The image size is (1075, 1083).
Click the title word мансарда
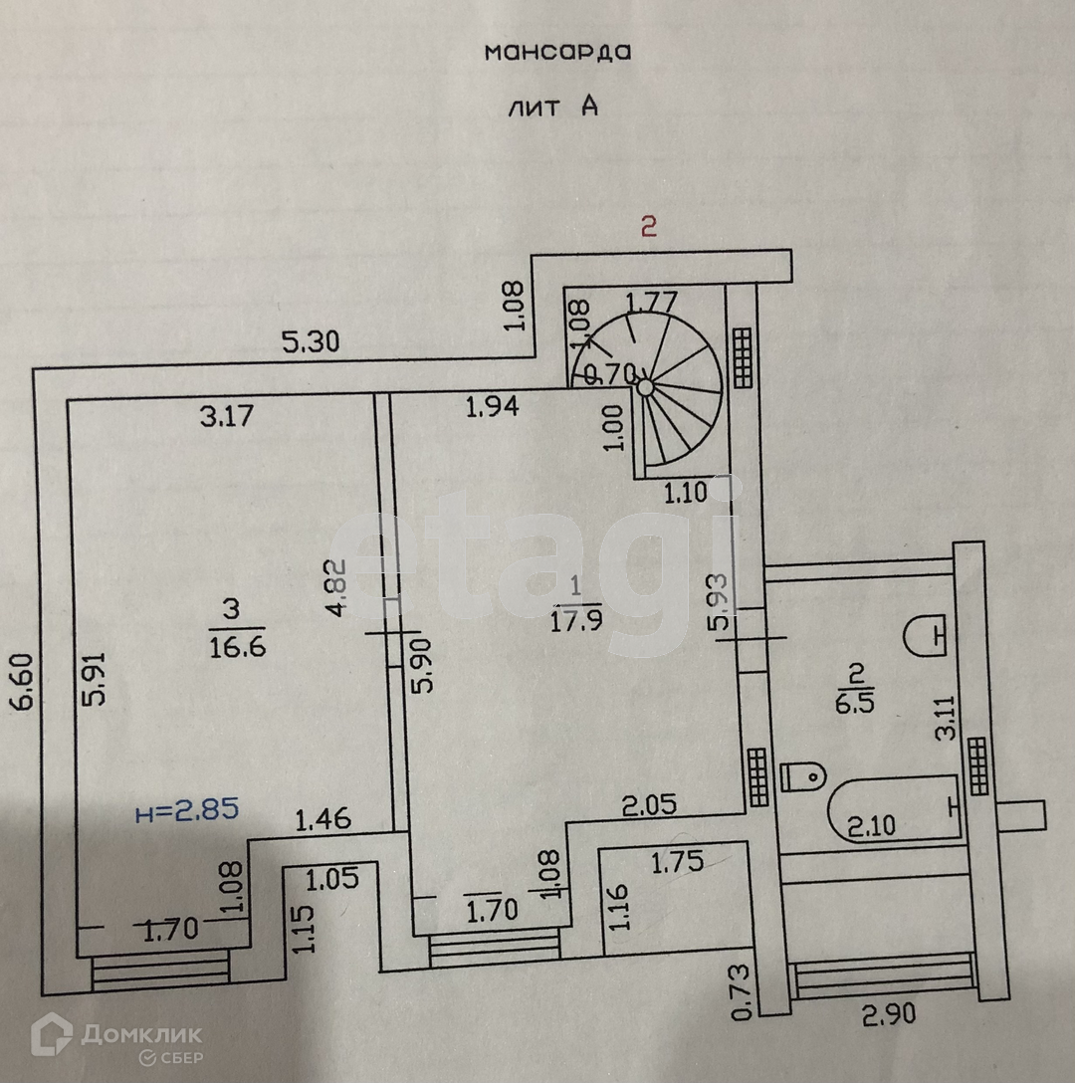coord(557,52)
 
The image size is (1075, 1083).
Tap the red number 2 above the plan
coord(648,227)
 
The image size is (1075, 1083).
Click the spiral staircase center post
coord(646,385)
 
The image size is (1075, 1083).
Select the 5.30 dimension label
coord(311,342)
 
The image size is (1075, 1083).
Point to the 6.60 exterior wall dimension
coord(25,681)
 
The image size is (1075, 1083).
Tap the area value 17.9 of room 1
coord(577,622)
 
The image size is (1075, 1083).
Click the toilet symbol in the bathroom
coord(803,773)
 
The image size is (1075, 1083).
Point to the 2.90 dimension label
coord(889,1016)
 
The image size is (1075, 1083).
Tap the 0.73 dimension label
coord(740,992)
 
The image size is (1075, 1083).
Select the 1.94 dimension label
coord(493,406)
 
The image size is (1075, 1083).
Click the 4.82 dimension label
coord(340,589)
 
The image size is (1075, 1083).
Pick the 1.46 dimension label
coord(323,820)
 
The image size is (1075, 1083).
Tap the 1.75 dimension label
coord(678,861)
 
